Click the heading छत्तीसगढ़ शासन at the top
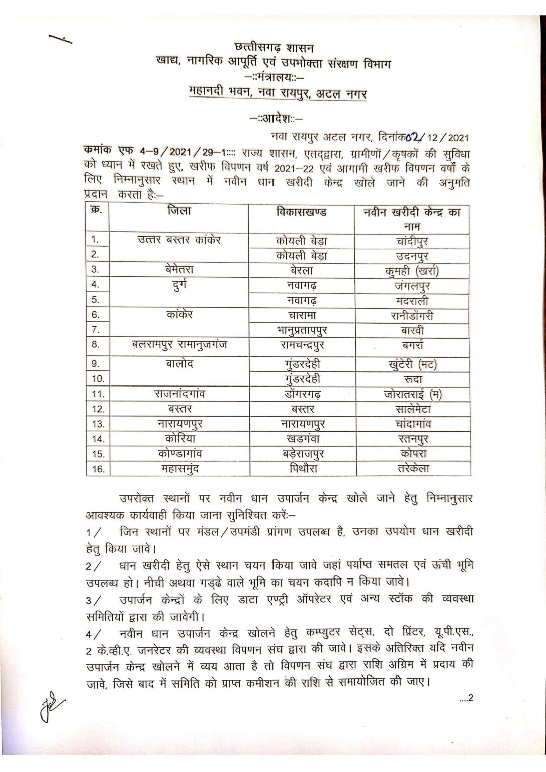pos(274,48)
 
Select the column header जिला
pos(179,212)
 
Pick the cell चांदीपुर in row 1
pos(412,241)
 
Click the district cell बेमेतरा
pos(179,270)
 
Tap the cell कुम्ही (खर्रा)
pos(412,271)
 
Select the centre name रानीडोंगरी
pos(412,316)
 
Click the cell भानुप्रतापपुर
pos(301,331)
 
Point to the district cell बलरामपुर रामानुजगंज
pos(179,345)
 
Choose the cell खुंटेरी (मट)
pos(412,364)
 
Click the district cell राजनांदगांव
pos(179,394)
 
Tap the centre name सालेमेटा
pos(412,409)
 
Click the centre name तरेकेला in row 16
pos(412,469)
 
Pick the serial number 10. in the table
pos(98,378)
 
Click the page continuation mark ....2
pos(466,698)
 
